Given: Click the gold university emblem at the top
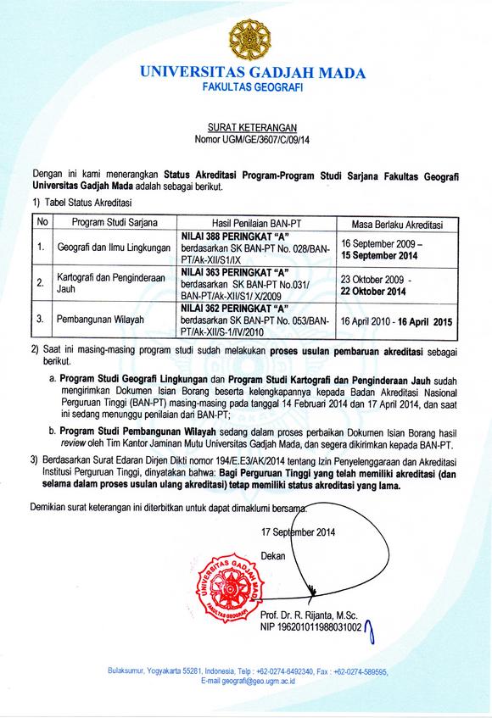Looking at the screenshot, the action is pyautogui.click(x=245, y=38).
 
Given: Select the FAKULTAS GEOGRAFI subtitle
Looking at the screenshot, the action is pyautogui.click(x=245, y=88).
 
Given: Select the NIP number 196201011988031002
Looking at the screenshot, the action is pyautogui.click(x=311, y=627).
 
